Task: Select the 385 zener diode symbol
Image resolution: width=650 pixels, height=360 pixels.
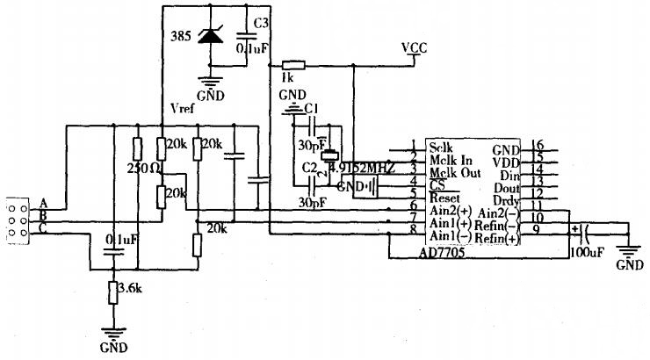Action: coord(211,36)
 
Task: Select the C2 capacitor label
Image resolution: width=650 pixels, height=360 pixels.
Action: coord(308,167)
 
